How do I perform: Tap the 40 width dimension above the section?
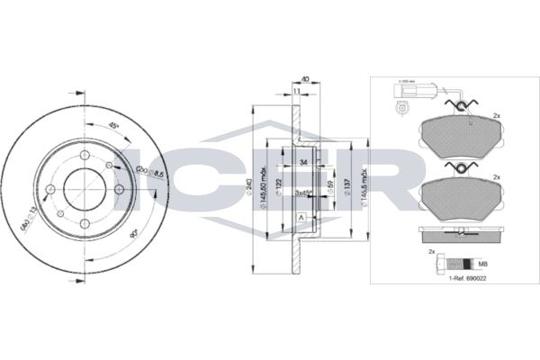[307, 79]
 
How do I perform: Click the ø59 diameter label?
[331, 188]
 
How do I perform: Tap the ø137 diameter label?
[347, 188]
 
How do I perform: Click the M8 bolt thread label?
[484, 264]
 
